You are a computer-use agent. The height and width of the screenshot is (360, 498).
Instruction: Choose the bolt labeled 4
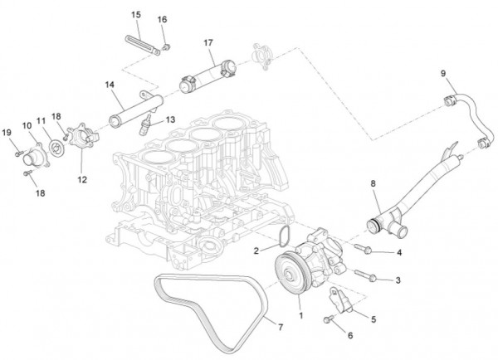pos(365,249)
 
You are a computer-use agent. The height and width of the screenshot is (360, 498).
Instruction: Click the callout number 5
pos(373,318)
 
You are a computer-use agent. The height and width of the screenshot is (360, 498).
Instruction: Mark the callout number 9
pos(442,75)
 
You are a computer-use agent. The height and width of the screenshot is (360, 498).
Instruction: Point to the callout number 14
pos(110,84)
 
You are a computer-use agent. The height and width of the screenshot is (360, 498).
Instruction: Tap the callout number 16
pos(162,19)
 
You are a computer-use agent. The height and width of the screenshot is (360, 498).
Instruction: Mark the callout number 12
pos(81,178)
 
